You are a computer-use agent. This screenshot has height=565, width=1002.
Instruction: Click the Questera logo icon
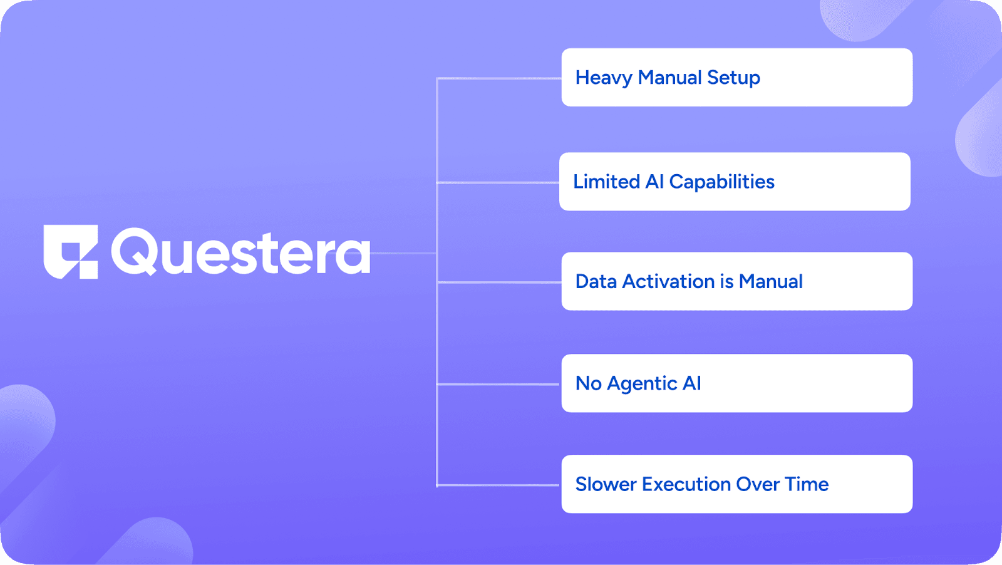click(x=71, y=252)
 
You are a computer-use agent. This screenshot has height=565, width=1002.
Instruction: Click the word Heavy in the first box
click(x=604, y=78)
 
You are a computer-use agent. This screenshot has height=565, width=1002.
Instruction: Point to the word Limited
click(x=606, y=182)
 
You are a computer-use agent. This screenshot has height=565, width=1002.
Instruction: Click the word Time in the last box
click(x=807, y=484)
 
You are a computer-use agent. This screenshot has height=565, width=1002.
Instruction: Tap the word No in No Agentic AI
click(x=588, y=383)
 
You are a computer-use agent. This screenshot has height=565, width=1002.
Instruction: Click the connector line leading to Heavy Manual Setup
click(x=498, y=78)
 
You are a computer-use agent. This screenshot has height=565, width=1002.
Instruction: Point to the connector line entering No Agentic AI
click(x=498, y=384)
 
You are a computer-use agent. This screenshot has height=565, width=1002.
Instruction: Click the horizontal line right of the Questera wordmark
click(x=403, y=253)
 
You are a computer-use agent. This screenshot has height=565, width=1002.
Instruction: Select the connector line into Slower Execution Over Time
click(x=498, y=485)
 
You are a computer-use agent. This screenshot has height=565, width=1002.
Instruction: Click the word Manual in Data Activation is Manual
click(x=771, y=281)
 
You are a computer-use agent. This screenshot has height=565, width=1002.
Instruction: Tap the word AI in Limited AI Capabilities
click(x=654, y=182)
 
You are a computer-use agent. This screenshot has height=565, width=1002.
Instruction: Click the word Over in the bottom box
click(x=757, y=484)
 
